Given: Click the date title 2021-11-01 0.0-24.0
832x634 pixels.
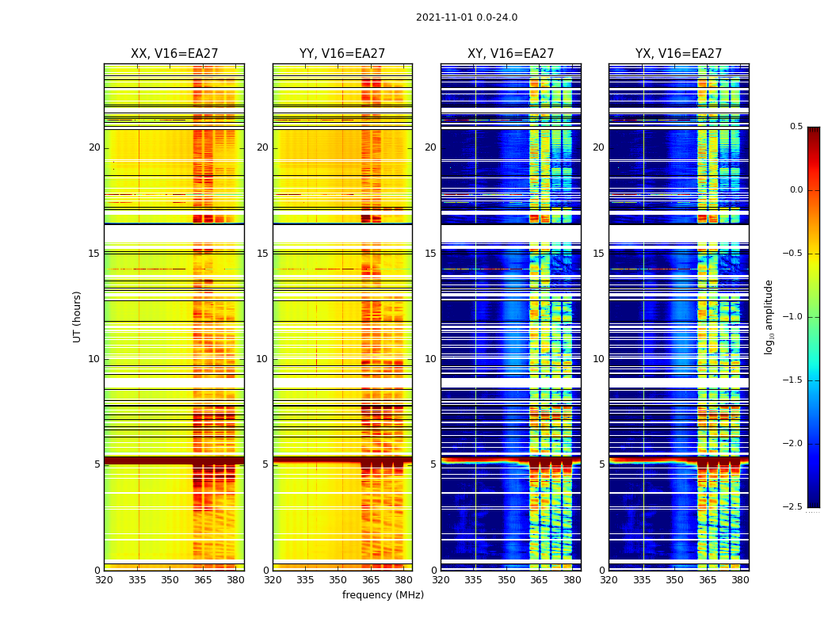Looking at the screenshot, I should tap(467, 17).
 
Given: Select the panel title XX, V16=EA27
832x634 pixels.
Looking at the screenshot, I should tap(174, 54).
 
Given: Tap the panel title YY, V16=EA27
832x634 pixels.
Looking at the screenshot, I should tap(342, 54).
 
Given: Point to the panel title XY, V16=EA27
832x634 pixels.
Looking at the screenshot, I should tap(510, 54).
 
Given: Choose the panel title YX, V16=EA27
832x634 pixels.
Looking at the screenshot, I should tap(678, 54).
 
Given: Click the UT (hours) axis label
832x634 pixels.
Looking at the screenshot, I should tap(77, 316).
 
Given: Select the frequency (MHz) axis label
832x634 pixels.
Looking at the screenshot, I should tap(383, 595).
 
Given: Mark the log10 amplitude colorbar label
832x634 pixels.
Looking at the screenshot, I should tap(768, 316).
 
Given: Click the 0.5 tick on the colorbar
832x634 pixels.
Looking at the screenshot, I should tap(796, 127).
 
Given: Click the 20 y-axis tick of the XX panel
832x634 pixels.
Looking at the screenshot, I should tap(94, 147).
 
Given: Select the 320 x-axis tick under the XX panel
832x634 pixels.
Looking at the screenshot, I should tap(104, 580).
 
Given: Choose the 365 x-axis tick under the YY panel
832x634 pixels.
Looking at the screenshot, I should tap(371, 580).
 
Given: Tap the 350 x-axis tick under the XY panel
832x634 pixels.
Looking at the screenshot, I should tap(506, 580).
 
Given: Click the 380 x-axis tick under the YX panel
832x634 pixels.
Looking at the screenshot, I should tap(740, 580).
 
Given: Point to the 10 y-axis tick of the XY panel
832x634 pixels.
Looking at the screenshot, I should tap(430, 359).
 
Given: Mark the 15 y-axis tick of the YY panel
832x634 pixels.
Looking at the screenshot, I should tap(262, 254).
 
